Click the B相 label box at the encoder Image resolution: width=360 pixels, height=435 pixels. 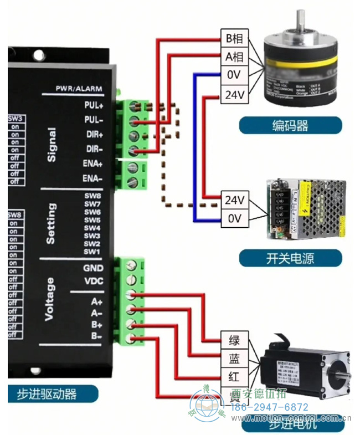234,39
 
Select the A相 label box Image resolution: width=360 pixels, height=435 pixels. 234,57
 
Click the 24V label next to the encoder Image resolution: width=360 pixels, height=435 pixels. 234,94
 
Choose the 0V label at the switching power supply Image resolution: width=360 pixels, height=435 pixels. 235,218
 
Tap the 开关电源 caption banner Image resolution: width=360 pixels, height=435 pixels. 290,257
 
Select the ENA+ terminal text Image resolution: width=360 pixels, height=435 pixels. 92,165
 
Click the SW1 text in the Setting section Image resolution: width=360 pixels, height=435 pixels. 92,252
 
